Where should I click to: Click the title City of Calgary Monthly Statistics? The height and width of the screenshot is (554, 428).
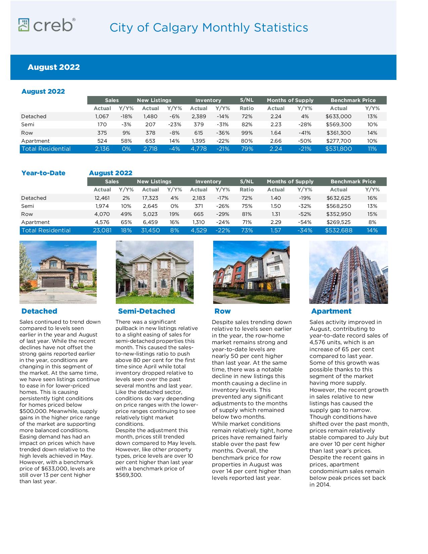click(x=208, y=28)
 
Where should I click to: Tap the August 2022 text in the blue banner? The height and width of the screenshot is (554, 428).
click(x=54, y=67)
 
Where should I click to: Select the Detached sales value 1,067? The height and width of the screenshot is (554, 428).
click(x=102, y=117)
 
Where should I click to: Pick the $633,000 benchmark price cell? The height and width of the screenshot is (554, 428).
click(x=338, y=117)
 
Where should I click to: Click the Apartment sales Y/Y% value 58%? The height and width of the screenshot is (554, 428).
click(x=126, y=141)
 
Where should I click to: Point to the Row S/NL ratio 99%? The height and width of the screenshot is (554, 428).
click(x=247, y=133)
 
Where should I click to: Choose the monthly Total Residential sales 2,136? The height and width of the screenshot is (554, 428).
click(x=102, y=149)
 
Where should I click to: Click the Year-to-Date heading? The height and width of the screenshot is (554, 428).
click(x=43, y=173)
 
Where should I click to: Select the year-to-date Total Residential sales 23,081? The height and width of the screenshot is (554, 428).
click(x=102, y=230)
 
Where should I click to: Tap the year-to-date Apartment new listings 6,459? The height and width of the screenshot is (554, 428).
click(x=150, y=222)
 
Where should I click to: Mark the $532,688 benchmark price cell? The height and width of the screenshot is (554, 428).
click(x=338, y=230)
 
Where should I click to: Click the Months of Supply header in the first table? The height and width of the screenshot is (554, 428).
click(x=290, y=100)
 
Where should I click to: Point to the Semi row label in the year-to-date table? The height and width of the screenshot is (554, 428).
click(x=28, y=206)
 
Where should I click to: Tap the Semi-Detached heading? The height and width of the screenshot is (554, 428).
click(x=146, y=311)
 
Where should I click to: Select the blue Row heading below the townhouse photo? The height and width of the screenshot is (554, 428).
click(x=223, y=311)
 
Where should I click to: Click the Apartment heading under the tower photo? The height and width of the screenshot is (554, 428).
click(x=331, y=311)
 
